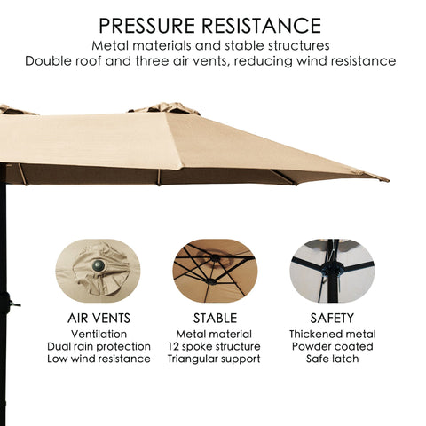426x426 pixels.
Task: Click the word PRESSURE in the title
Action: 146,26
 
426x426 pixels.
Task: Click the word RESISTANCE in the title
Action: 262,26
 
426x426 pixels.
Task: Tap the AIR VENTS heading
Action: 99,319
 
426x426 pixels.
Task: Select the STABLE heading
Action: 215,319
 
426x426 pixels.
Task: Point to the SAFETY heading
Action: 332,319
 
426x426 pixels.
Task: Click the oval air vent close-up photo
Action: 98,271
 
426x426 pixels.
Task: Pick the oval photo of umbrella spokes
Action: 215,271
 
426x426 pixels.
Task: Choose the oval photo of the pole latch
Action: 332,271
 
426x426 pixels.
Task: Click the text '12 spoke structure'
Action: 214,346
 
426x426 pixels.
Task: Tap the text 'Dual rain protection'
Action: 99,346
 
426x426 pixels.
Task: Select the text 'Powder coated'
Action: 332,346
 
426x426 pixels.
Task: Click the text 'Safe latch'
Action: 332,359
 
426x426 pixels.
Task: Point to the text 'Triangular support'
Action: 214,359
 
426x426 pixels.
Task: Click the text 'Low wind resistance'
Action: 99,359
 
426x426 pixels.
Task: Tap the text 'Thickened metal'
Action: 332,335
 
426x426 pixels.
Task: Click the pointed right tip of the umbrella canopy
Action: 389,180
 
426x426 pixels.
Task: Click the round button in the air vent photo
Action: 99,265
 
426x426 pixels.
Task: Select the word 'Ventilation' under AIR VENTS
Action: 99,335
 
